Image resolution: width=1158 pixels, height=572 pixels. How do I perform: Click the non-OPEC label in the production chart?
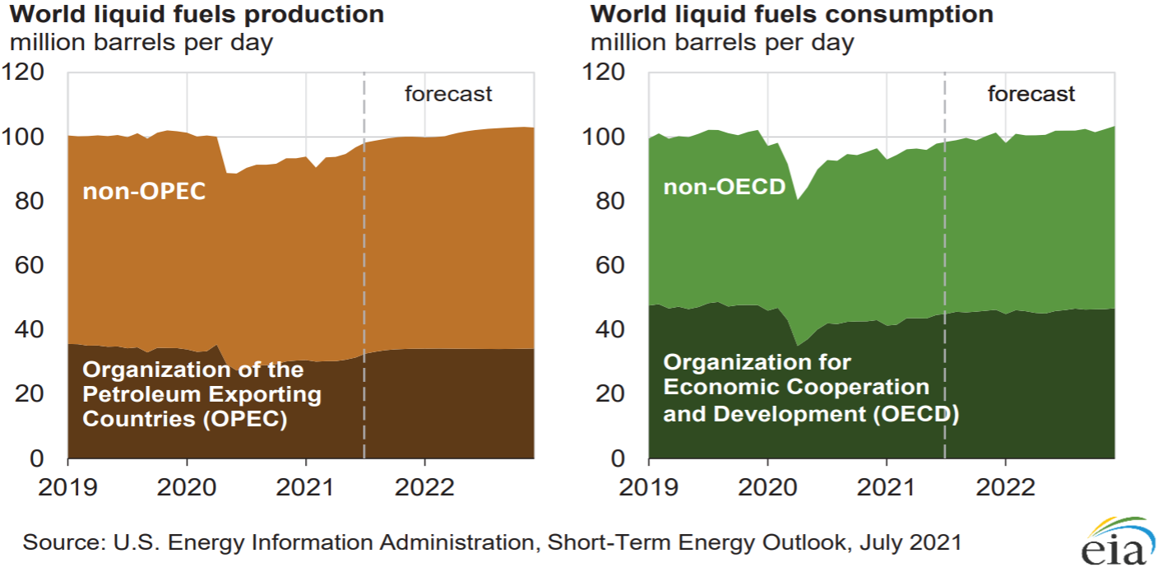pos(144,192)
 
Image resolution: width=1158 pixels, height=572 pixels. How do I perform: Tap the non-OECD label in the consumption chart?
pos(725,187)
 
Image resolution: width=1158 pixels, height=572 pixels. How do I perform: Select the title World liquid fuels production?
pos(197,14)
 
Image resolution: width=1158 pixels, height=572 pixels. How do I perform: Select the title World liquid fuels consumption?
pos(792,14)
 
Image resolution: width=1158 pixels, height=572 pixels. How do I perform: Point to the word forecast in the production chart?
pos(448,94)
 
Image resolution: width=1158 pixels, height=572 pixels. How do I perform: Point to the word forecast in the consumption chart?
pos(1031,94)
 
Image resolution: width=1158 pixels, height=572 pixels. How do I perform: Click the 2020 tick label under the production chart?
pos(187,487)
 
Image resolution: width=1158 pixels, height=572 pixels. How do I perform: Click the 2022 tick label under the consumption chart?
pos(1006,487)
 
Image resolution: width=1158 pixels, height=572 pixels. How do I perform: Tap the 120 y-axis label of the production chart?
pos(23,72)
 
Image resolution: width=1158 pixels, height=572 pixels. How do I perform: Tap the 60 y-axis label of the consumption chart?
pos(610,265)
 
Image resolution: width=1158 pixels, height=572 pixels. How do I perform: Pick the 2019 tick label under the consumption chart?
pos(648,487)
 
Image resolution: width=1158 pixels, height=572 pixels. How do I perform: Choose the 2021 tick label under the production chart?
pos(305,487)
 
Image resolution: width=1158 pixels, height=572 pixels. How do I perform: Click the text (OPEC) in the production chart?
pos(244,418)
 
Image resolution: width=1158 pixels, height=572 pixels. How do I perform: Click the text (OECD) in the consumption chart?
pos(916,414)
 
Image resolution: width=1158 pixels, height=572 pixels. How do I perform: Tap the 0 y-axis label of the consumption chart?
pos(618,458)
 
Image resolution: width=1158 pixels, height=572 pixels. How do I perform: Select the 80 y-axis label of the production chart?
pos(30,201)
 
